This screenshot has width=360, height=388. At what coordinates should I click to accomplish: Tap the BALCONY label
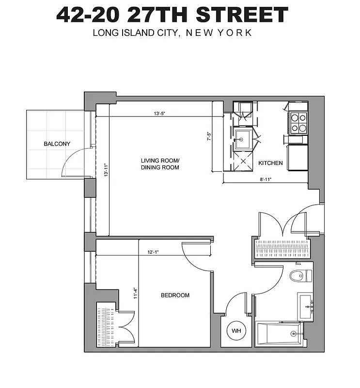coord(57,144)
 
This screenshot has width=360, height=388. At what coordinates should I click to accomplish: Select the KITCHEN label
coord(270,163)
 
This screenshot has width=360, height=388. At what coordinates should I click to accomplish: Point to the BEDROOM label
coord(175,295)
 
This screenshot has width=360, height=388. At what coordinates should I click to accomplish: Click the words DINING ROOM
coord(160,168)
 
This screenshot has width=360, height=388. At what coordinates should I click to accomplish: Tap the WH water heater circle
coord(236,331)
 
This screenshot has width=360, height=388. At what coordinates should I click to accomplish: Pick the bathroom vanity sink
coord(306,306)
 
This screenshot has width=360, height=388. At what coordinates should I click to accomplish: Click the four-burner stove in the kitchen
coord(298,123)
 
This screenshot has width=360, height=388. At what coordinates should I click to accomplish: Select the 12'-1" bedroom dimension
coord(154,252)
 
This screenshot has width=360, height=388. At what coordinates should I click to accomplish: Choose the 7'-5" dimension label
coord(209,137)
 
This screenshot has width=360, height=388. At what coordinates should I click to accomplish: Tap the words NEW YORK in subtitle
coord(220,33)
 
